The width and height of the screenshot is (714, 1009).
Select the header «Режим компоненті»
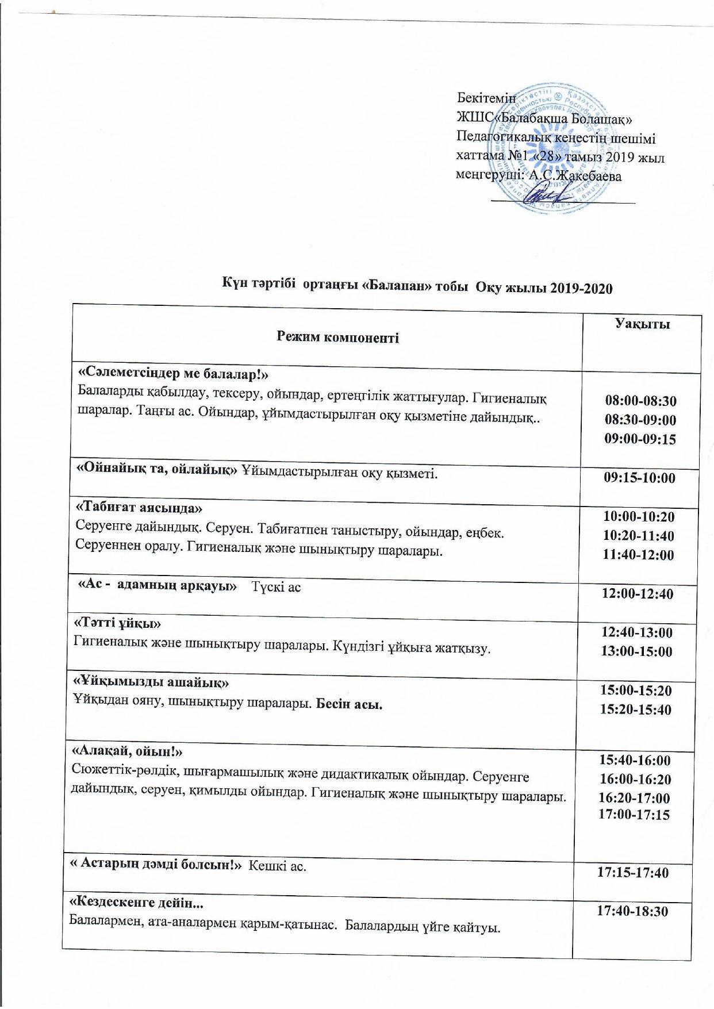(x=337, y=337)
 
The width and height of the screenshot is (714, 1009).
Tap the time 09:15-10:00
(x=639, y=478)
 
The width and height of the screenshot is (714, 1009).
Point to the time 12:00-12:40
(x=637, y=593)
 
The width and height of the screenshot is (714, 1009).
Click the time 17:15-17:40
(x=633, y=888)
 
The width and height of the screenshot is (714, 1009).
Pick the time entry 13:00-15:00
(x=636, y=651)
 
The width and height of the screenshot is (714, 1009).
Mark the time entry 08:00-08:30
(x=640, y=401)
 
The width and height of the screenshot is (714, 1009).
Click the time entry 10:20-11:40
(x=638, y=536)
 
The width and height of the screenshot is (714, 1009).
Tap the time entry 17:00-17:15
(x=634, y=814)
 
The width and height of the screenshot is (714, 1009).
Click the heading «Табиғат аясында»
(x=140, y=508)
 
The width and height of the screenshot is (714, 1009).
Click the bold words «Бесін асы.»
(x=350, y=705)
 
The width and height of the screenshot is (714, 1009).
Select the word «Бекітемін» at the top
(x=486, y=98)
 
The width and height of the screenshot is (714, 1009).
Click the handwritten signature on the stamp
(x=540, y=194)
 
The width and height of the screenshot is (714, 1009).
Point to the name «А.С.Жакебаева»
(x=575, y=176)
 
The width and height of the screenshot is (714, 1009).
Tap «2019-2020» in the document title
(x=581, y=289)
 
